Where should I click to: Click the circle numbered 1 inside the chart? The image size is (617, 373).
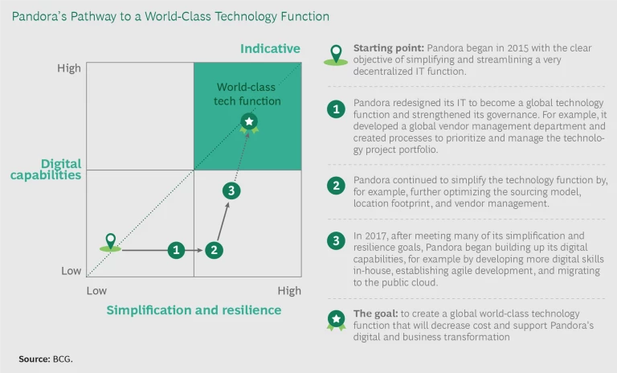[176, 250]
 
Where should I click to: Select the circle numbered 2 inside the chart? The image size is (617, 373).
[214, 250]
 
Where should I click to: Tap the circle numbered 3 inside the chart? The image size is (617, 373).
[231, 191]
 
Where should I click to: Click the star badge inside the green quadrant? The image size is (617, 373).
[249, 123]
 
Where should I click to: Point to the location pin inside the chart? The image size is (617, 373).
[111, 243]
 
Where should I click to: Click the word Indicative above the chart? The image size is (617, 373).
[270, 48]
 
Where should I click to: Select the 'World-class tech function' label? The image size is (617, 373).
[247, 94]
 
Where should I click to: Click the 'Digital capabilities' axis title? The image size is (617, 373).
[46, 170]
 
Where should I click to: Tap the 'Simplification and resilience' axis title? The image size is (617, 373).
[194, 310]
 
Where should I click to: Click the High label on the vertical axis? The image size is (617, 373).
[69, 68]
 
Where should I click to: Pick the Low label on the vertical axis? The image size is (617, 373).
[71, 271]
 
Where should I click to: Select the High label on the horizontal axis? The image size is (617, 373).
[289, 291]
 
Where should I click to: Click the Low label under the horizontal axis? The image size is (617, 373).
[96, 291]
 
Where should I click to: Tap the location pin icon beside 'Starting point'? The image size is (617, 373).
[336, 55]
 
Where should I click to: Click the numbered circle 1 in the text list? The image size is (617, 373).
[336, 109]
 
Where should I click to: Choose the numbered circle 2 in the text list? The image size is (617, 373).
[336, 186]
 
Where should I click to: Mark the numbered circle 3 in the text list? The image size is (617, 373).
[336, 240]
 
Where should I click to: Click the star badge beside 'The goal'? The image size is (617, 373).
[336, 320]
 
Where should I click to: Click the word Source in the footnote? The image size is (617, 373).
[35, 359]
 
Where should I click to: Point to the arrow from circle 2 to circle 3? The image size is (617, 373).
[223, 221]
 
